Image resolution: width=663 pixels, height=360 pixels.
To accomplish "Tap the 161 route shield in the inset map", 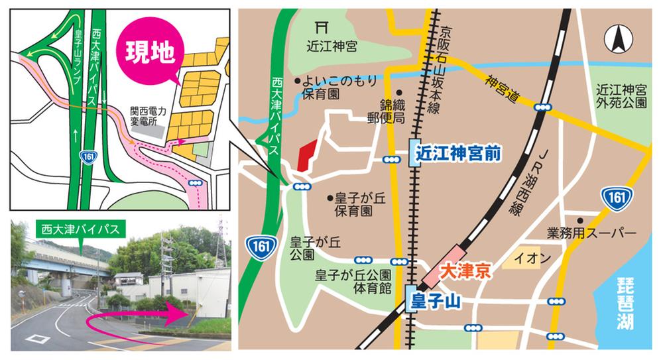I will [86, 156].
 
